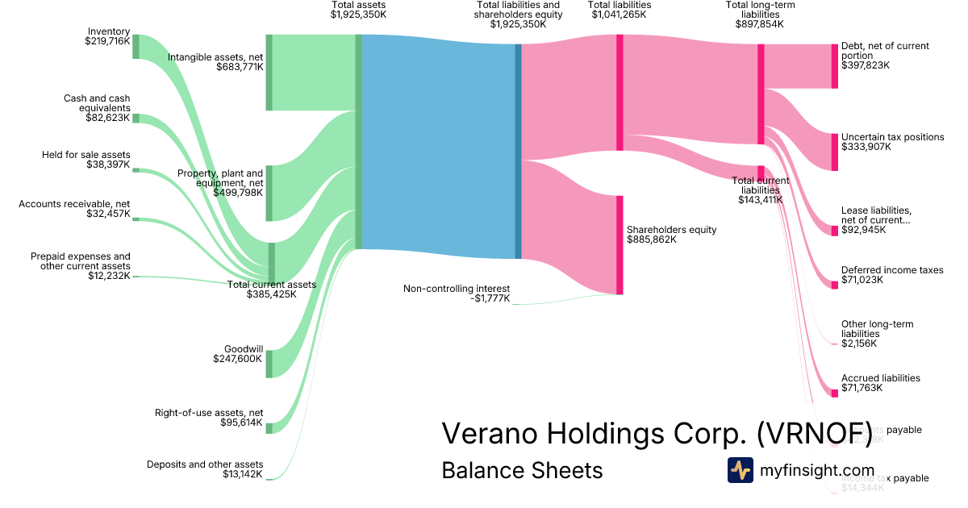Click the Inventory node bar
[136, 47]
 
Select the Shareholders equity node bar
[620, 244]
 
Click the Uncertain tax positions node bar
[834, 152]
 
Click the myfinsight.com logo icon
[740, 470]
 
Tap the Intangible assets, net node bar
[269, 73]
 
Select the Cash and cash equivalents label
[97, 108]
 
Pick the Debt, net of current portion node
[834, 66]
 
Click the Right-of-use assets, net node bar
[269, 427]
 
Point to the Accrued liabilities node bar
[835, 393]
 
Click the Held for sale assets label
[86, 160]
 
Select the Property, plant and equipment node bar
[269, 193]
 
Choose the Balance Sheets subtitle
[522, 470]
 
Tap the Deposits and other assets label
[205, 469]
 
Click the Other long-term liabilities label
[877, 334]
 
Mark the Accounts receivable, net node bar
[136, 219]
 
